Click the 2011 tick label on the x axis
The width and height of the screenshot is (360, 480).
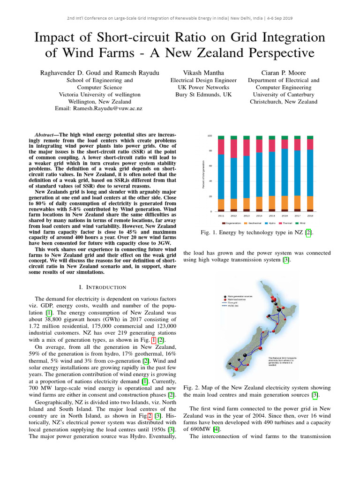[221, 216]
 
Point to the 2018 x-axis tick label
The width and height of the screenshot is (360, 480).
[310, 216]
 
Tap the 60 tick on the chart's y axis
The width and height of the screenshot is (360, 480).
[210, 166]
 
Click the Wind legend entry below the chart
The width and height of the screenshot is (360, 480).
[302, 223]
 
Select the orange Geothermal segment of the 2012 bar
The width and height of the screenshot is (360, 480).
[234, 204]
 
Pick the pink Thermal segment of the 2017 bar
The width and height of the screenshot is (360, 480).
[297, 144]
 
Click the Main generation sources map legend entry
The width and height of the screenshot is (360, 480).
[241, 297]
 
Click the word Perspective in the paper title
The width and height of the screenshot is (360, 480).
[276, 51]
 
